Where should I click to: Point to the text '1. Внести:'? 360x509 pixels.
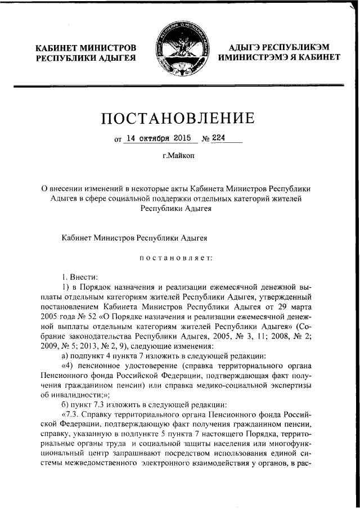click(79, 276)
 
